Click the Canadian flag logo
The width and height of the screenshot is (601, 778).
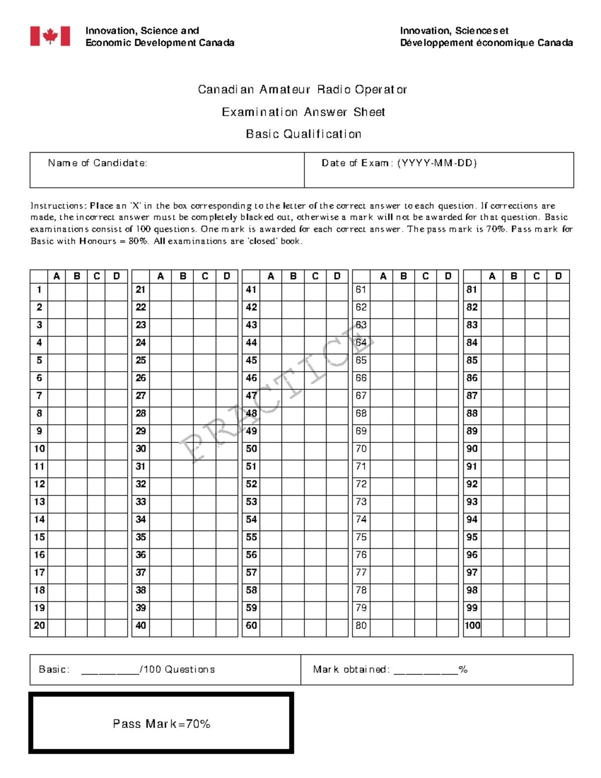50,36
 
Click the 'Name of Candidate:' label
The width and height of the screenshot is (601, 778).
97,163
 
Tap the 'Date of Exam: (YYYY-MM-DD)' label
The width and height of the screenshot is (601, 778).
399,163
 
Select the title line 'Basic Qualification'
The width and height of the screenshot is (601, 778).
304,134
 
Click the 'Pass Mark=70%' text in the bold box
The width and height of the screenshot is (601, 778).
161,723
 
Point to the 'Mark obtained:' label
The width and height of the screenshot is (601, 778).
351,669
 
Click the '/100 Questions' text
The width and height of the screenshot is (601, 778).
178,669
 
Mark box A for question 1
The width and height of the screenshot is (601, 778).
57,290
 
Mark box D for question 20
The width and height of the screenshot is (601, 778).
116,626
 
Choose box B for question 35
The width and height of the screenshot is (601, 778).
183,538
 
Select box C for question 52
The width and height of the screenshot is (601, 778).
315,484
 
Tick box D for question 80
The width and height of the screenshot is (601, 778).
447,626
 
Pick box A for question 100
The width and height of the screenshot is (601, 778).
492,626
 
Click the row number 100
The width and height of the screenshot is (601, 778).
472,626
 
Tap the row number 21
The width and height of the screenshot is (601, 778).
141,290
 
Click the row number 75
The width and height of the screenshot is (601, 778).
361,538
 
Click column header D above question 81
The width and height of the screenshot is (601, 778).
558,276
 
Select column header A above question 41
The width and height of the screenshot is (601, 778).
270,276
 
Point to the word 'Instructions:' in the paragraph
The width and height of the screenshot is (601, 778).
58,206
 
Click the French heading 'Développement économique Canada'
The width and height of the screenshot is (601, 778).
486,43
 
